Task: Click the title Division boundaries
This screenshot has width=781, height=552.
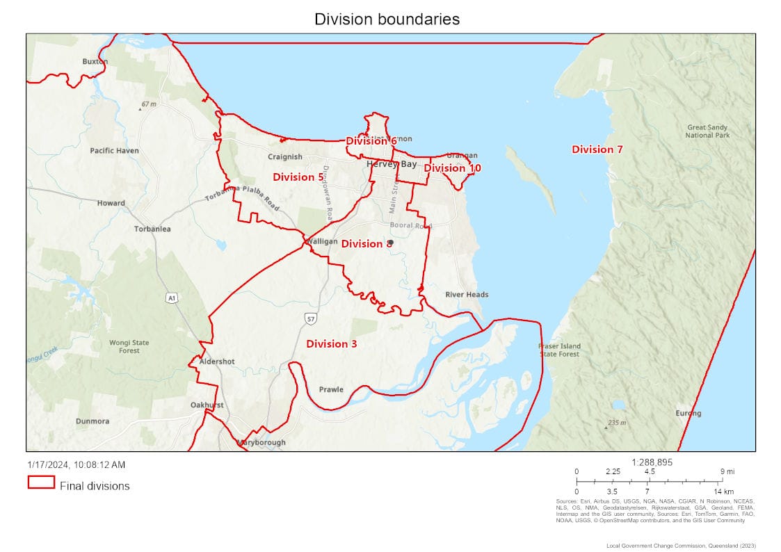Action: (x=387, y=19)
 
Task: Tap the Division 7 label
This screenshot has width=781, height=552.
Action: (x=597, y=149)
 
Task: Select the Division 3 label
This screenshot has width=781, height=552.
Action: (x=331, y=344)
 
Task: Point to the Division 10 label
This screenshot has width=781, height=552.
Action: (x=452, y=168)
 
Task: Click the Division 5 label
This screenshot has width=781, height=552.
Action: (x=298, y=177)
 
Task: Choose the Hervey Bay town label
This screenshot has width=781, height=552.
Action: (x=392, y=164)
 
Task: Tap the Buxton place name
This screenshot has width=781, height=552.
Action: (x=95, y=61)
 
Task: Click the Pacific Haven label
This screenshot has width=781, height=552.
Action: (x=114, y=151)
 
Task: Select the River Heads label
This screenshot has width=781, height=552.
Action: (x=467, y=295)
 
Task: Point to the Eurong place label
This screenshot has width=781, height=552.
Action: (x=688, y=414)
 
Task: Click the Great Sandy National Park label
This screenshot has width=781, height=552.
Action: (x=708, y=131)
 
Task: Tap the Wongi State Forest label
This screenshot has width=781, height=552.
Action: (x=129, y=346)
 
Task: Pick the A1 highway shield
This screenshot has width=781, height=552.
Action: (x=171, y=298)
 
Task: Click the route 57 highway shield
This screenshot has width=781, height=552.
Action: (x=309, y=318)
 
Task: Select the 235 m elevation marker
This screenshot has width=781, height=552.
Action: (x=616, y=423)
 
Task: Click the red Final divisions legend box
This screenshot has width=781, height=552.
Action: (x=41, y=482)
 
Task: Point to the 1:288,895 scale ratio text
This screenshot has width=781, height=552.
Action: (x=652, y=462)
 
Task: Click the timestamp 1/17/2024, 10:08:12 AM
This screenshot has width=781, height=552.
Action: (x=77, y=464)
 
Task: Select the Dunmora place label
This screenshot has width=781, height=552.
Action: (x=92, y=421)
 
